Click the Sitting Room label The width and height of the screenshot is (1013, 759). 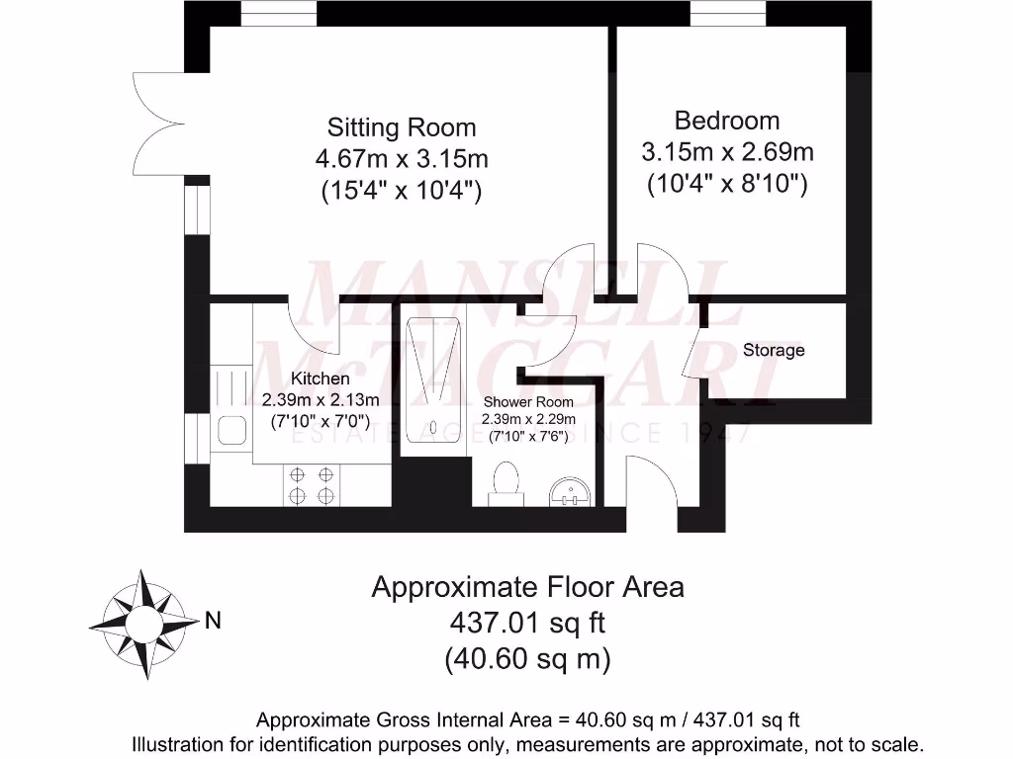402,127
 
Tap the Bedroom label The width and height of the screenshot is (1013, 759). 727,121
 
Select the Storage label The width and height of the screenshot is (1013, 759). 774,350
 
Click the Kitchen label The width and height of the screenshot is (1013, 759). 320,379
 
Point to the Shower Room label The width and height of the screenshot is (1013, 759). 528,402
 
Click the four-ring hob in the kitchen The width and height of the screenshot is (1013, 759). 312,486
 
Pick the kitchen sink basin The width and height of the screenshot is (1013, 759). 231,430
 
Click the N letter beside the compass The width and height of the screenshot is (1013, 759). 213,621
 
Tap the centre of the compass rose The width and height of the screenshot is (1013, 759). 143,625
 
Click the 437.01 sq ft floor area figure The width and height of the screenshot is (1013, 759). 528,623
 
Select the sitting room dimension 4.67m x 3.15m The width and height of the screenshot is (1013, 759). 402,159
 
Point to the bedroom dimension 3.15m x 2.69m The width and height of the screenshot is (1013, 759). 727,152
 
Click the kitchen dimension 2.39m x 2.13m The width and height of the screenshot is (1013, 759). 321,400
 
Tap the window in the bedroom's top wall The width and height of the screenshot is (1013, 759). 727,14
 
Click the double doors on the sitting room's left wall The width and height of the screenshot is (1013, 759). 159,124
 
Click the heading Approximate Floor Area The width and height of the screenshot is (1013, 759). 528,587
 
